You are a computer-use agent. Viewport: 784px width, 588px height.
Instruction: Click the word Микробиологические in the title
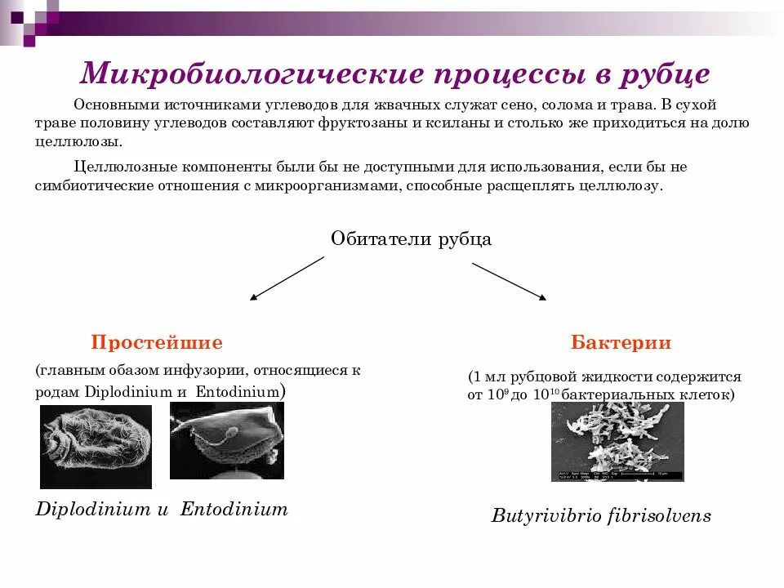[x=252, y=74]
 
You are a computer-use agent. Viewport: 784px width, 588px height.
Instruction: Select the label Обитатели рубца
[x=411, y=238]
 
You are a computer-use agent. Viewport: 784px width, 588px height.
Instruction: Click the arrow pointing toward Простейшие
[x=287, y=278]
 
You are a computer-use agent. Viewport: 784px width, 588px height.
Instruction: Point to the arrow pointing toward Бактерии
[x=509, y=280]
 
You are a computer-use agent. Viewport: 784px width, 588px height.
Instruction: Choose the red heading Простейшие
[x=156, y=342]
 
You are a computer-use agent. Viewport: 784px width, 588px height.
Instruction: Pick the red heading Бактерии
[x=621, y=342]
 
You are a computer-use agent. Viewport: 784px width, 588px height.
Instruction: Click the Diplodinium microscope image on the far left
[x=96, y=446]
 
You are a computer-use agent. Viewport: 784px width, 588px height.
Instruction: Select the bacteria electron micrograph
[x=617, y=442]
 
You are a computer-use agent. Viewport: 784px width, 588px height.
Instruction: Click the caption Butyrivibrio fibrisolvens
[x=601, y=516]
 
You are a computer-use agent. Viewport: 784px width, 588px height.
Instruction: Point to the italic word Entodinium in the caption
[x=234, y=510]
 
